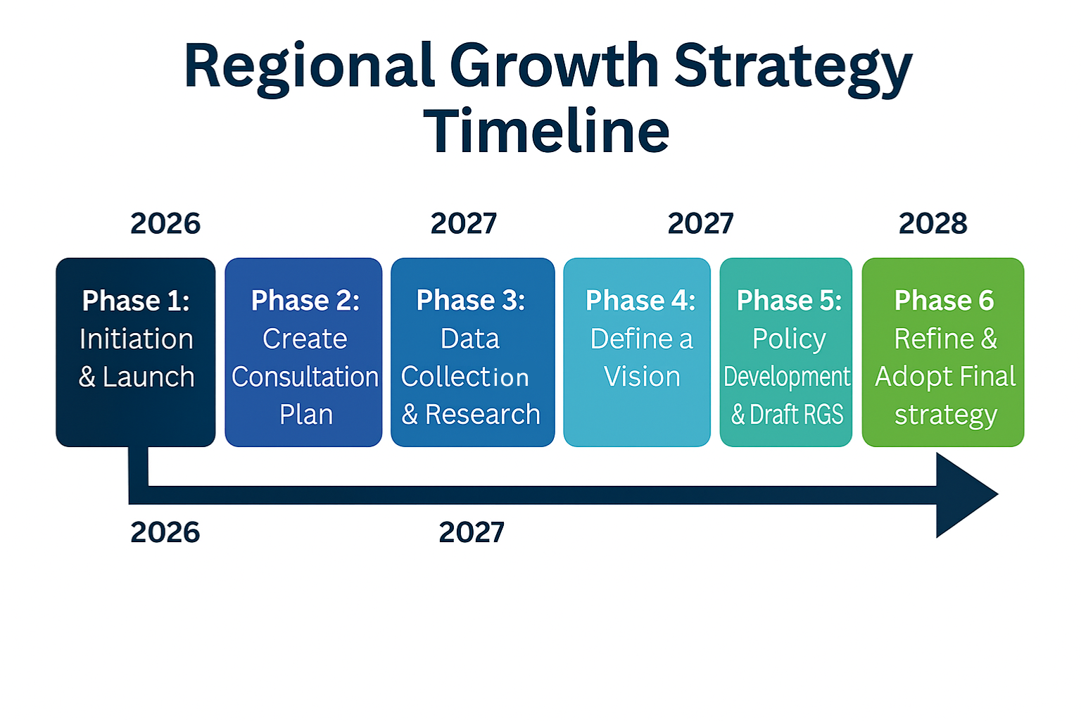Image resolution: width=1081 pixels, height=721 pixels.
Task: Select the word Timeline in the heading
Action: pyautogui.click(x=546, y=131)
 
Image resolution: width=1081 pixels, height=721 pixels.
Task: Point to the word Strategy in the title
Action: pyautogui.click(x=793, y=69)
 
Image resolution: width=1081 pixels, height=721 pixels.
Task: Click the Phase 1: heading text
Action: pyautogui.click(x=136, y=301)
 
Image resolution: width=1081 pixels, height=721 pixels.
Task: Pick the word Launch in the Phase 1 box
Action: pyautogui.click(x=148, y=377)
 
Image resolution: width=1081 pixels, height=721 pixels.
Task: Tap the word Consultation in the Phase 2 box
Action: pyautogui.click(x=305, y=377)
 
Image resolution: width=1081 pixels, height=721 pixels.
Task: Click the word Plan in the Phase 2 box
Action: pyautogui.click(x=306, y=414)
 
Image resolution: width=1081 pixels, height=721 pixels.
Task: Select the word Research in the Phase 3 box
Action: pyautogui.click(x=483, y=414)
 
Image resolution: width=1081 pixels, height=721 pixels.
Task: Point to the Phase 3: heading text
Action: pyautogui.click(x=471, y=301)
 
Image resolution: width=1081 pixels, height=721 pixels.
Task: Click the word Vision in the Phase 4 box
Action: pyautogui.click(x=642, y=377)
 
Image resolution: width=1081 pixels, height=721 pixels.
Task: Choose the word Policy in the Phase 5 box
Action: pyautogui.click(x=789, y=339)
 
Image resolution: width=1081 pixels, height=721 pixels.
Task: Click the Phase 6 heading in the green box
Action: pyautogui.click(x=944, y=301)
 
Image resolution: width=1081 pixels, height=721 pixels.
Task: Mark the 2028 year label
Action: pyautogui.click(x=933, y=224)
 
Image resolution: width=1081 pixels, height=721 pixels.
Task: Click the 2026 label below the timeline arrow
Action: pyautogui.click(x=165, y=532)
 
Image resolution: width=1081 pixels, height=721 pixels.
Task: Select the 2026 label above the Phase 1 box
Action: pyautogui.click(x=165, y=224)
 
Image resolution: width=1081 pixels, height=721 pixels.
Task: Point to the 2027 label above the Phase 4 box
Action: pyautogui.click(x=700, y=224)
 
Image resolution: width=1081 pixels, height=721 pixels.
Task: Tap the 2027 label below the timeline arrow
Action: pyautogui.click(x=472, y=532)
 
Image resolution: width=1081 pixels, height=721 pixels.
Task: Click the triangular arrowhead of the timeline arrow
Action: pyautogui.click(x=961, y=495)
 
